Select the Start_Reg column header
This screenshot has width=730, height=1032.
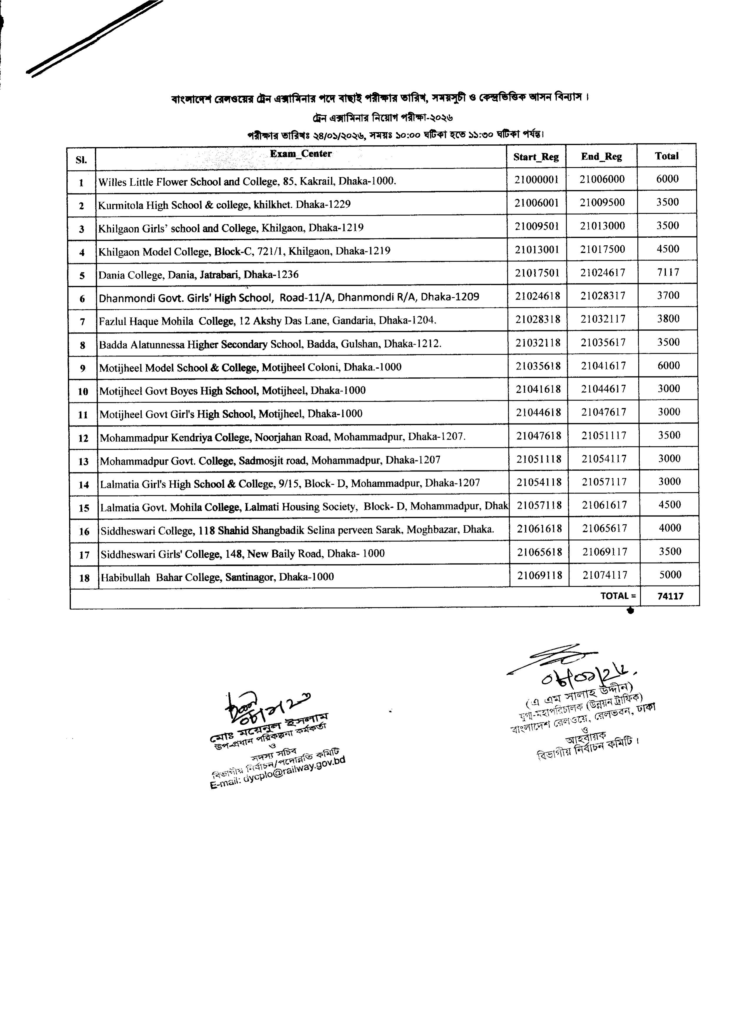pos(536,157)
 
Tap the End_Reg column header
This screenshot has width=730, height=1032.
pos(602,156)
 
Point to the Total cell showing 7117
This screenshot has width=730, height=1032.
pos(668,272)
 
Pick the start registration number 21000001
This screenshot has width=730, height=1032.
pos(536,179)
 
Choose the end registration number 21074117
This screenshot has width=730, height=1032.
pos(605,575)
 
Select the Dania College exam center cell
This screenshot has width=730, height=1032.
pos(198,274)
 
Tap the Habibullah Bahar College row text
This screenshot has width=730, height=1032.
pos(217,577)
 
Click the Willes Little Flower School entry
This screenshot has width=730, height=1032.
pos(247,182)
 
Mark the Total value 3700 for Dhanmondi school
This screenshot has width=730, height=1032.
pos(668,296)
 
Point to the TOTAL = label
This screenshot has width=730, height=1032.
pos(618,596)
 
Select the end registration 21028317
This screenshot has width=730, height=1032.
pos(603,296)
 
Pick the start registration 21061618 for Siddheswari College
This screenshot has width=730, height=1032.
pos(539,528)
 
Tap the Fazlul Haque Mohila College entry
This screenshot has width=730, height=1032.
pos(267,321)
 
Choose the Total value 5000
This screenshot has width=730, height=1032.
pos(670,574)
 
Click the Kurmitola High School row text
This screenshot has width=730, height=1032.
pos(224,205)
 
